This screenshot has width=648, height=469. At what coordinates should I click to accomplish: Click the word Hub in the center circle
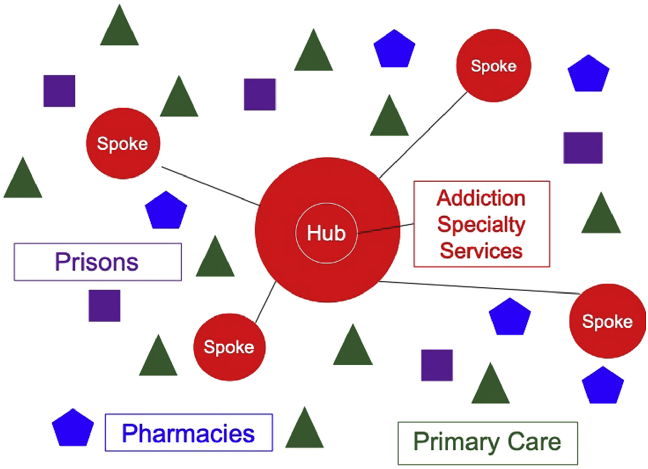click(x=326, y=233)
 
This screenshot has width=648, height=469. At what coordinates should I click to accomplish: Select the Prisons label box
click(x=97, y=262)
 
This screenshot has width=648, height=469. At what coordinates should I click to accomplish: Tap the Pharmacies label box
click(x=189, y=433)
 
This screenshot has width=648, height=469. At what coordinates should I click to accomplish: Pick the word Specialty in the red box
click(x=481, y=225)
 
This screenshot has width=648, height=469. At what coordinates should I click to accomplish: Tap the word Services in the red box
click(x=481, y=251)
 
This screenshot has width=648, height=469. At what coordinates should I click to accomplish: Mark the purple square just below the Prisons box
click(x=104, y=306)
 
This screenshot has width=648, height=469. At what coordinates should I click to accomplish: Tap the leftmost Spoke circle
click(x=123, y=143)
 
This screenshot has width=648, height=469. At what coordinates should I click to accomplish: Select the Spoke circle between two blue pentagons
click(x=494, y=66)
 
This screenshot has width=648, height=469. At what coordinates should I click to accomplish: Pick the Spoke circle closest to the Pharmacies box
click(x=229, y=347)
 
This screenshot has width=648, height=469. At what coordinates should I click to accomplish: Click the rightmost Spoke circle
click(x=607, y=321)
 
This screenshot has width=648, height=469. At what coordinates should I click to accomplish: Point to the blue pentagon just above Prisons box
click(x=166, y=211)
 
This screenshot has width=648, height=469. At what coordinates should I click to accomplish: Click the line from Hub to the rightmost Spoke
click(x=480, y=287)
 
